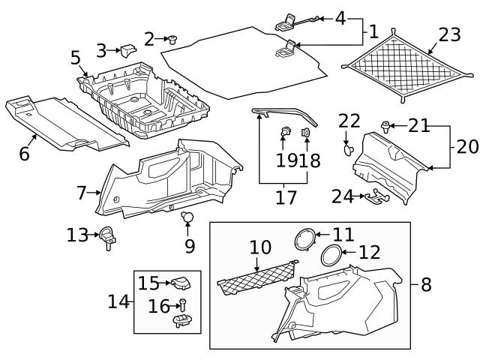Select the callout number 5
76,57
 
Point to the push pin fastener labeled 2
171,39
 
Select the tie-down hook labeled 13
109,237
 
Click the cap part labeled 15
181,283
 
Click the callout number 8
426,284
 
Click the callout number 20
466,145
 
